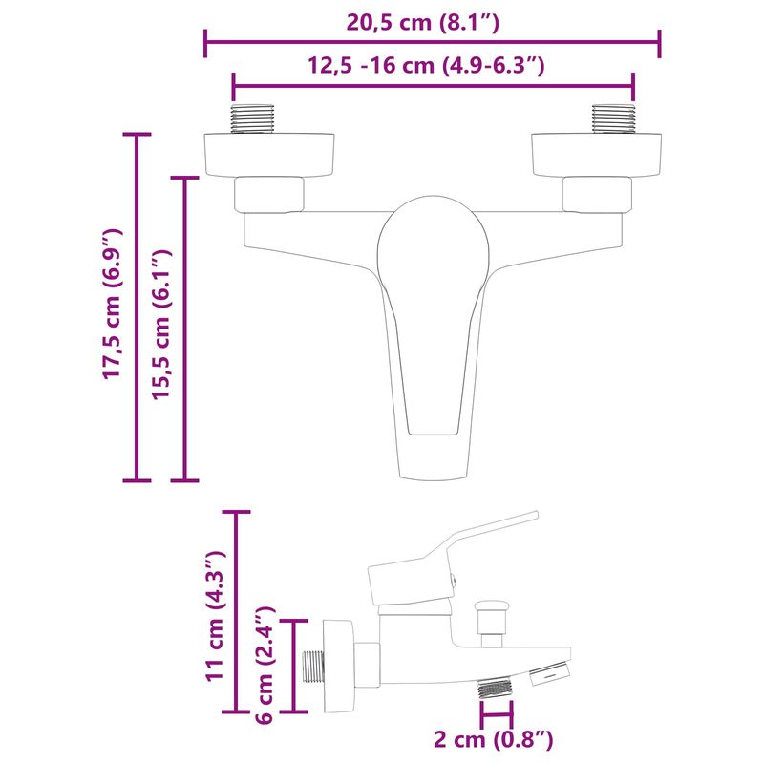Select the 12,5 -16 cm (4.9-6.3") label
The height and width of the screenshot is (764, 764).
pyautogui.click(x=426, y=65)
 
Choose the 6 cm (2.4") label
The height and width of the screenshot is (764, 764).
pyautogui.click(x=267, y=663)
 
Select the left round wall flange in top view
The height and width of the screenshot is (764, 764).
pyautogui.click(x=269, y=155)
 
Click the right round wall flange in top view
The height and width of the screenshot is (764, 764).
pyautogui.click(x=597, y=155)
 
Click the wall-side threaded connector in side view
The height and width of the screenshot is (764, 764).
pyautogui.click(x=313, y=665)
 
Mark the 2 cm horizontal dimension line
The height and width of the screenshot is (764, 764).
pyautogui.click(x=497, y=713)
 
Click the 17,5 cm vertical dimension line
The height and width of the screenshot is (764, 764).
pyautogui.click(x=138, y=306)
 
